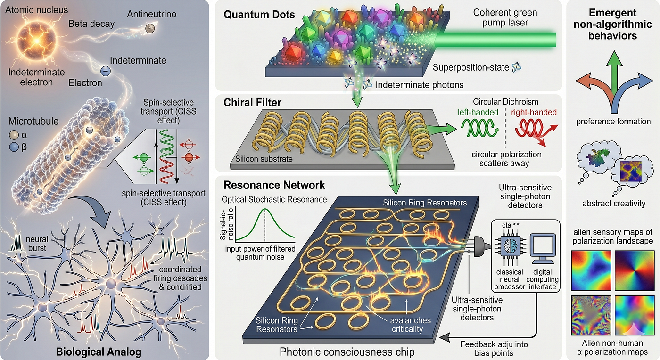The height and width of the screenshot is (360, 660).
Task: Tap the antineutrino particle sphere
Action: [150, 28]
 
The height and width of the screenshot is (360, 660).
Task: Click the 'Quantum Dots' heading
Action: [259, 15]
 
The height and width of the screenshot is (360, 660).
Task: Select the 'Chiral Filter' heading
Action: [252, 103]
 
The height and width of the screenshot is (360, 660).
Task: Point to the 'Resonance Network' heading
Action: [274, 185]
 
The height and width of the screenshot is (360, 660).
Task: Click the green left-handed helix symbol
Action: [480, 128]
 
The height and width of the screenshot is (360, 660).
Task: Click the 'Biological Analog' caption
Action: [99, 352]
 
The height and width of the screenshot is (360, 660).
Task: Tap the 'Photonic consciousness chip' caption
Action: [347, 352]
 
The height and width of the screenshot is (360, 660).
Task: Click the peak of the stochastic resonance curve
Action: [265, 209]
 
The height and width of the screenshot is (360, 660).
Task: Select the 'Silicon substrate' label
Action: [264, 159]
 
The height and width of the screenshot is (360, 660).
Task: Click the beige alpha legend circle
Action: [14, 135]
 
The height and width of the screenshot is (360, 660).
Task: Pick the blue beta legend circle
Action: [14, 147]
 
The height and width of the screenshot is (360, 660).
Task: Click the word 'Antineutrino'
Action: [151, 14]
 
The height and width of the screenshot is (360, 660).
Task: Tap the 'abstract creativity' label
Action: [614, 203]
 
